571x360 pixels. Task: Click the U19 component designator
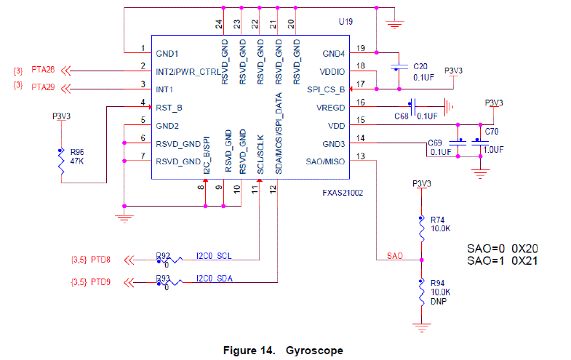(346, 23)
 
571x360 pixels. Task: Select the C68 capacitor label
(402, 116)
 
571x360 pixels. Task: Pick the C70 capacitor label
(492, 132)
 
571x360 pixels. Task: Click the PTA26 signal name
(43, 71)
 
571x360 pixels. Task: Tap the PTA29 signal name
(43, 88)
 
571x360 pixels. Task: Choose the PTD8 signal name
(100, 260)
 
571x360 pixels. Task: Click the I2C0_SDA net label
(214, 278)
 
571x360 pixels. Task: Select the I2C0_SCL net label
(214, 255)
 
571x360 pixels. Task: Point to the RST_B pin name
(169, 107)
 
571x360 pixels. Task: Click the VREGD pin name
(330, 107)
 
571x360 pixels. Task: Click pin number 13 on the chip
(360, 157)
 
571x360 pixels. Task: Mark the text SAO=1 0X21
(502, 261)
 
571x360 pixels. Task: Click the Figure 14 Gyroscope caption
(283, 350)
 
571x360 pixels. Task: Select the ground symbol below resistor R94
(420, 327)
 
